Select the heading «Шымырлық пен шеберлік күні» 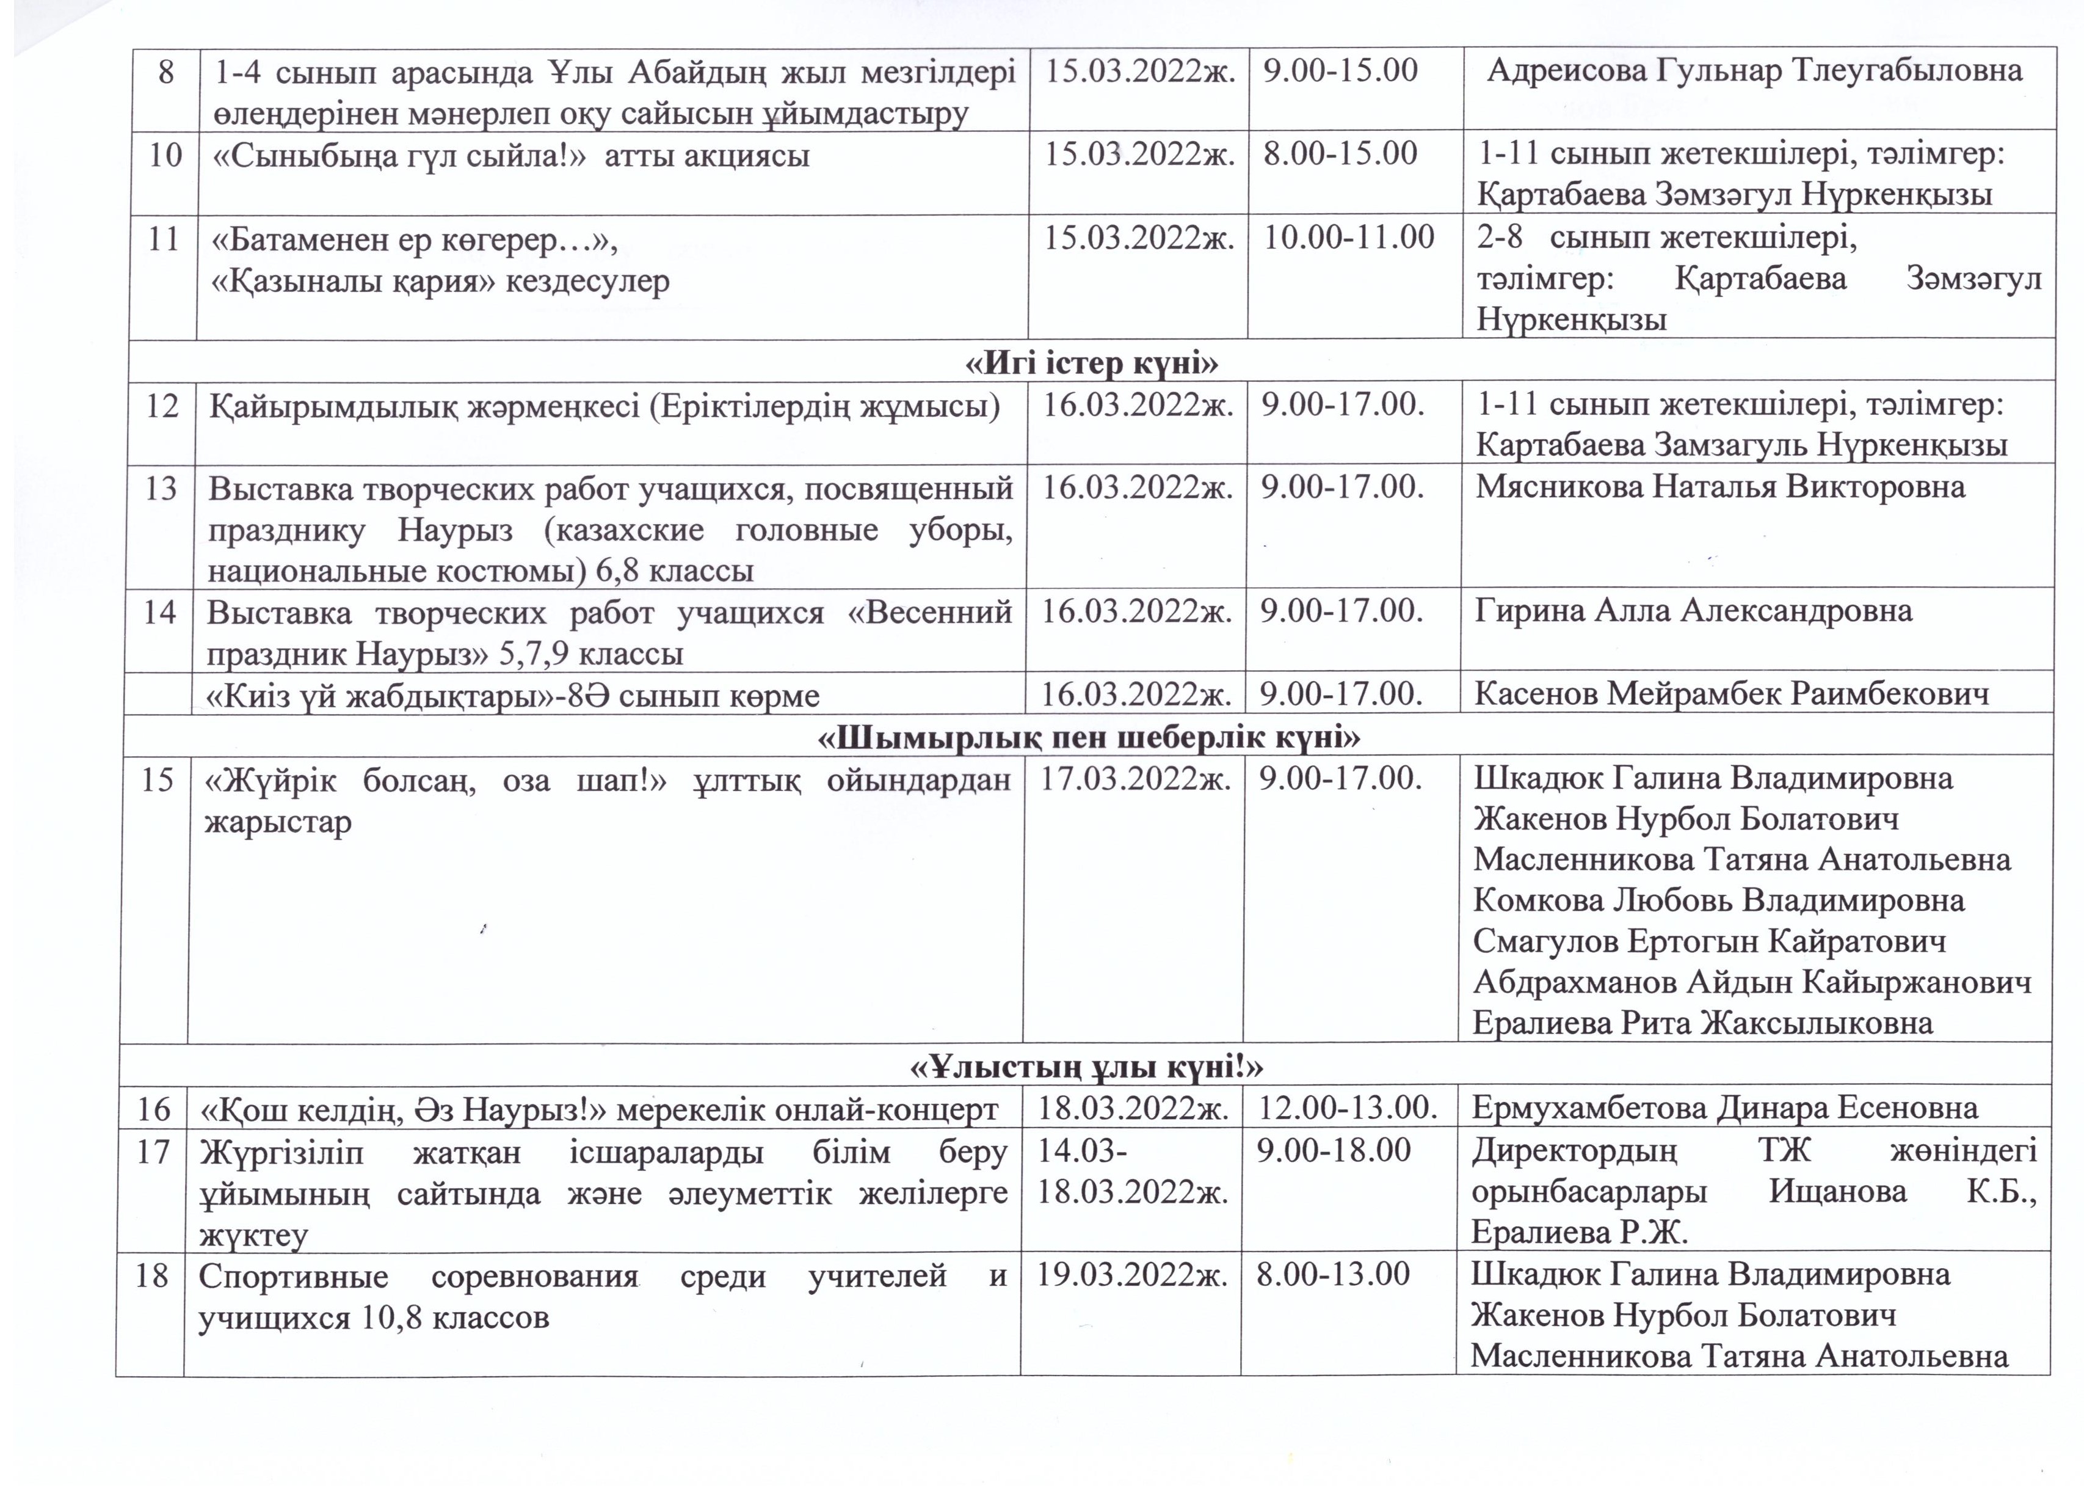pos(1089,737)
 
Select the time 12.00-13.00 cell pos(1347,1109)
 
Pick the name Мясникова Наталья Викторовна pos(1720,487)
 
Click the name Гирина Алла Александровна pos(1693,611)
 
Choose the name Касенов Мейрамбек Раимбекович pos(1731,694)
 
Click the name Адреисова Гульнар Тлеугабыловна pos(1755,71)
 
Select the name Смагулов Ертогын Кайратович pos(1709,941)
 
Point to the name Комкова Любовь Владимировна pos(1718,900)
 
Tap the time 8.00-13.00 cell pos(1332,1275)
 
